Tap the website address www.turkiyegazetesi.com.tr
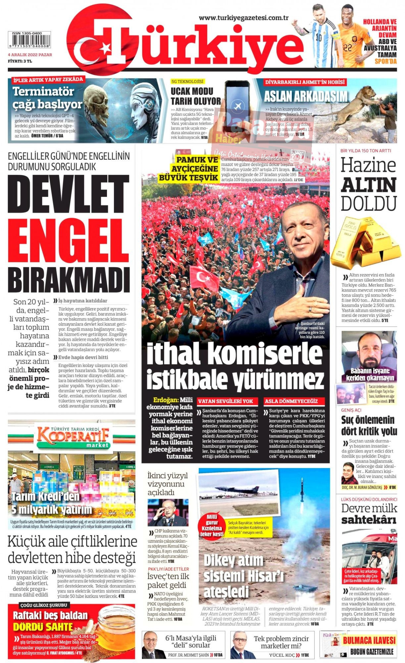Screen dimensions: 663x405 point(244,18)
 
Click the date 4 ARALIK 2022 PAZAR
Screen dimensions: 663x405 point(30,55)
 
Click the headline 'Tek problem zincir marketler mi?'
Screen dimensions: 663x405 point(281,642)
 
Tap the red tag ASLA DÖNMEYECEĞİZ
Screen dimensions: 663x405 point(291,401)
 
